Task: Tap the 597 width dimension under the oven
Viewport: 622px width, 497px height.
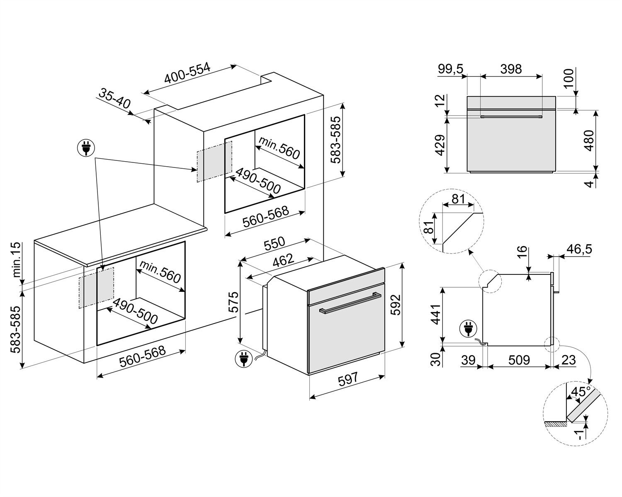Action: point(347,379)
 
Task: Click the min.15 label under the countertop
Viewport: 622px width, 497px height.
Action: point(17,260)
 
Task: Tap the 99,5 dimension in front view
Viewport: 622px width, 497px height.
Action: point(451,69)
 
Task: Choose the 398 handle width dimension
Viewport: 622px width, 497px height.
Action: point(510,69)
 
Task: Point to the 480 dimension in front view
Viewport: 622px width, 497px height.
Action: point(588,141)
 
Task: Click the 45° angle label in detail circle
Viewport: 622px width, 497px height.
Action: point(580,392)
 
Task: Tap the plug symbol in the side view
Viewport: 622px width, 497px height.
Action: point(468,330)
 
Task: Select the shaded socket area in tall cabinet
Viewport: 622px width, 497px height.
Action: point(214,161)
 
